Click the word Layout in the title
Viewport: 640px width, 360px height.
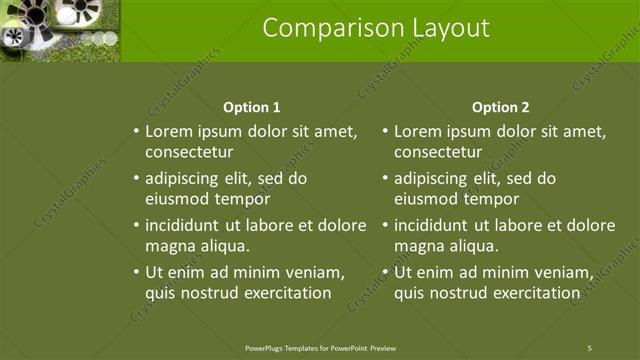446,28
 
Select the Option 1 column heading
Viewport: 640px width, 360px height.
251,107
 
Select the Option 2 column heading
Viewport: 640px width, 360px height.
501,107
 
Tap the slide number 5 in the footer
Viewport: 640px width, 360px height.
589,348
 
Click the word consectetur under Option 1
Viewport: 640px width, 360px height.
189,153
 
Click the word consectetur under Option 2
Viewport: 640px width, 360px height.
438,153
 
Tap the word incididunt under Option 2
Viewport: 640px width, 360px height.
434,225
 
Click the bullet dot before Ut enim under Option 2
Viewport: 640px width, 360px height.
385,272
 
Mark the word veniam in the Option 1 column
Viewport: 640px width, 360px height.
316,272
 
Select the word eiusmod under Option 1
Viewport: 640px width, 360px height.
177,199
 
